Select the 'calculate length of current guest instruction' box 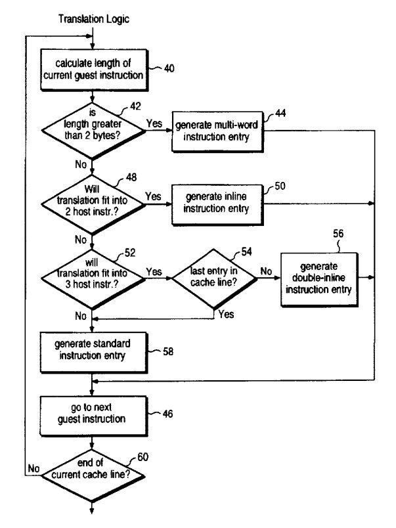pos(93,69)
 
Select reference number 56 pos(338,233)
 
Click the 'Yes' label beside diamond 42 pos(154,123)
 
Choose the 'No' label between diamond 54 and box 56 pos(267,270)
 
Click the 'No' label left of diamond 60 pos(33,468)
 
